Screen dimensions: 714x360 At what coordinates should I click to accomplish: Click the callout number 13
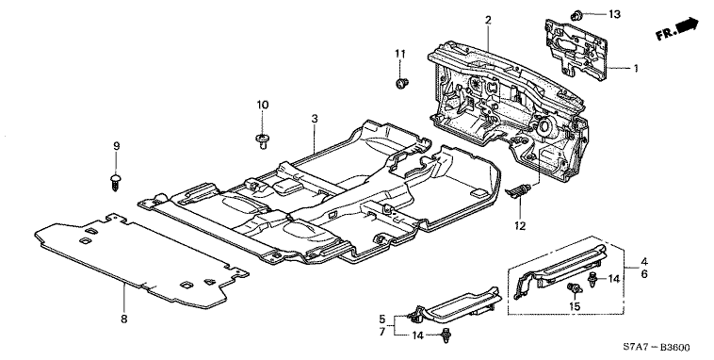(x=614, y=14)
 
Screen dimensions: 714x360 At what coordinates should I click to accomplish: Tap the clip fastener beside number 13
(x=576, y=15)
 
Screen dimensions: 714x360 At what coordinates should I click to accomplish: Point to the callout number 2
(x=488, y=20)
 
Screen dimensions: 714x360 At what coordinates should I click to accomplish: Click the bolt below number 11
(x=401, y=83)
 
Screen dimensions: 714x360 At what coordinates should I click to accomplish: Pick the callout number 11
(x=399, y=54)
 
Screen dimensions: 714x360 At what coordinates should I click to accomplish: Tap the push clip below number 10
(x=261, y=139)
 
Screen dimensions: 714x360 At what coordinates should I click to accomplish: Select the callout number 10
(x=262, y=105)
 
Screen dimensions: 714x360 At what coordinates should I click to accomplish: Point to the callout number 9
(x=116, y=146)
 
